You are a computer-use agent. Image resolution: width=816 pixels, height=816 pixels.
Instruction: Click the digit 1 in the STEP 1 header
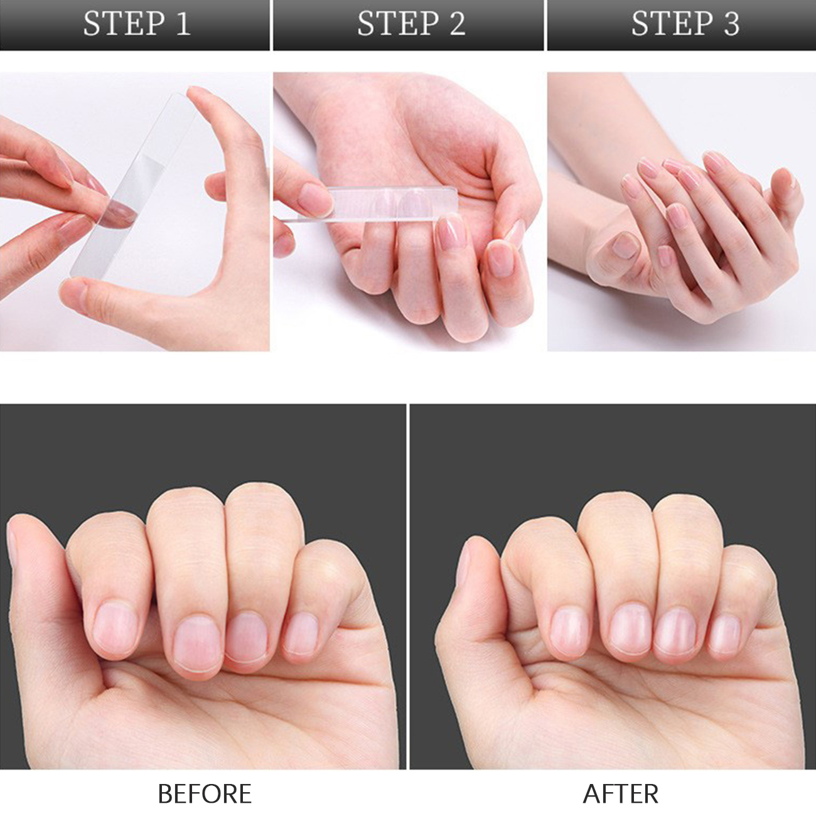coord(183,23)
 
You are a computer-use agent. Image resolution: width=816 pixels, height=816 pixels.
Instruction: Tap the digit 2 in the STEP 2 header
coord(457,23)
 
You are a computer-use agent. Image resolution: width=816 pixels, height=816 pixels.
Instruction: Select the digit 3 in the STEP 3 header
coord(731,23)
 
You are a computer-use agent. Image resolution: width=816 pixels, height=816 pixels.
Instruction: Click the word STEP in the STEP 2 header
coord(398,23)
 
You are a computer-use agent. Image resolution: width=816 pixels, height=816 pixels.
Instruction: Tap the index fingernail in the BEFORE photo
coord(115,627)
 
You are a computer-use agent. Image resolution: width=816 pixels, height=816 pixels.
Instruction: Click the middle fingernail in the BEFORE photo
coord(198,644)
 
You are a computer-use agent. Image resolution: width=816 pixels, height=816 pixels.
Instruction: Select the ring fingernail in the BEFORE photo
coord(246,637)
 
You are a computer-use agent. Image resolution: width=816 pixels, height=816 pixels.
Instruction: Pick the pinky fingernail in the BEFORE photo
coord(301,633)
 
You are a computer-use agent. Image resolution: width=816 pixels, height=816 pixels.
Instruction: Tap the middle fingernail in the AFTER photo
coord(630,629)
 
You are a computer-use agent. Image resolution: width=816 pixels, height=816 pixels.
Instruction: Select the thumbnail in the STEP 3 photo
coord(626,245)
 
